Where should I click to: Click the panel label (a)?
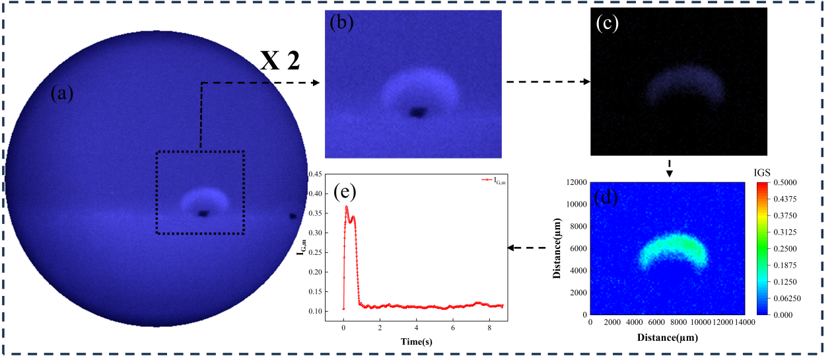pos(63,94)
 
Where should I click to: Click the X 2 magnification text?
pos(280,61)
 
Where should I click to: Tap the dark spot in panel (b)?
pos(417,113)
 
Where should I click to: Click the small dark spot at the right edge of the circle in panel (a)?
pos(292,215)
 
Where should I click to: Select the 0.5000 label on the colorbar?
pos(794,182)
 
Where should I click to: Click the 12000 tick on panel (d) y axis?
pos(575,182)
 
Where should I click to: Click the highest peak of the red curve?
pos(347,207)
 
